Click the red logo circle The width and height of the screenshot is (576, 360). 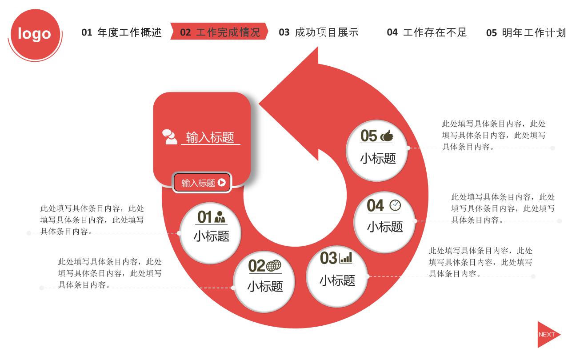(x=35, y=34)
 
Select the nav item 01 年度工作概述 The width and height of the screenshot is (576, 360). (x=121, y=32)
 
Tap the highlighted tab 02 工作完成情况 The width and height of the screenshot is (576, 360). (x=220, y=32)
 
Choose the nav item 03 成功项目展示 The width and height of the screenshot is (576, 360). (x=319, y=32)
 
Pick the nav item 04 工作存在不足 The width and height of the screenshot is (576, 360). (x=427, y=32)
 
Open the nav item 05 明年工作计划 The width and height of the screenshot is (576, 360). (x=526, y=32)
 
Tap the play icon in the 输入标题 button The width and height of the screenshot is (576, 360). (x=221, y=183)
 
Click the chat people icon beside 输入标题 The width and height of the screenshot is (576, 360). (x=169, y=137)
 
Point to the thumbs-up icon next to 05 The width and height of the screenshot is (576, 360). (x=387, y=136)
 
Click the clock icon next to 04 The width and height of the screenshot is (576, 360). (x=395, y=205)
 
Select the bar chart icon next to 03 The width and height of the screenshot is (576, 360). (x=346, y=258)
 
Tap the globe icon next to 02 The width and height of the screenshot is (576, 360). (x=274, y=265)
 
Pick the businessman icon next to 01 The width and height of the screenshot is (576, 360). (x=220, y=217)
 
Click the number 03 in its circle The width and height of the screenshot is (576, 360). (x=328, y=258)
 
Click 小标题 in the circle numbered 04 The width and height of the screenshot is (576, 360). (x=385, y=227)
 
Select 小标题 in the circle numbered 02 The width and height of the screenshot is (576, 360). (x=265, y=286)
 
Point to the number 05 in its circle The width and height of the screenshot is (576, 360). (x=369, y=136)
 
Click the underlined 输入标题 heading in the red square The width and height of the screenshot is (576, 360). (x=210, y=137)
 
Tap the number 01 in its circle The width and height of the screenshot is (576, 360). (x=204, y=217)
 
